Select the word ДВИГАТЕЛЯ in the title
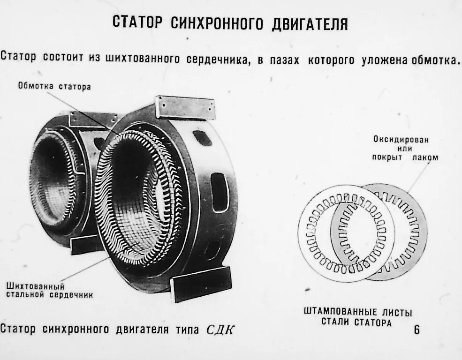pos(310,23)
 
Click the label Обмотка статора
pos(54,86)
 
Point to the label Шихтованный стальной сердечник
pos(49,291)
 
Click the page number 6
pos(417,330)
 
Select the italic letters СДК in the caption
pos(220,330)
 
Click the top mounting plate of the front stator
pos(185,107)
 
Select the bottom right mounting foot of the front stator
pos(201,283)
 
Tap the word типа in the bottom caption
pos(188,330)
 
